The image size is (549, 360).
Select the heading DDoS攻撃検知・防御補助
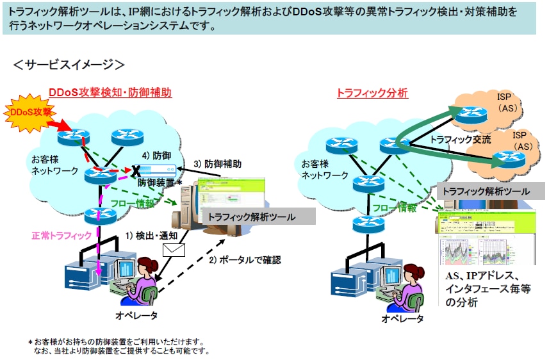tap(110, 92)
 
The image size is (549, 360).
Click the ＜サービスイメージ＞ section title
tap(69, 65)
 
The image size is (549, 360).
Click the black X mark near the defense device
tap(136, 172)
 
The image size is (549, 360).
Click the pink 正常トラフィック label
tap(61, 236)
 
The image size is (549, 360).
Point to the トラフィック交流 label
tap(461, 139)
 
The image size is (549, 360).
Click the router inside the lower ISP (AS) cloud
tap(508, 158)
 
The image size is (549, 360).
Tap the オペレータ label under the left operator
tap(136, 315)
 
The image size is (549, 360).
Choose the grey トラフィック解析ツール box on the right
tap(486, 191)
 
